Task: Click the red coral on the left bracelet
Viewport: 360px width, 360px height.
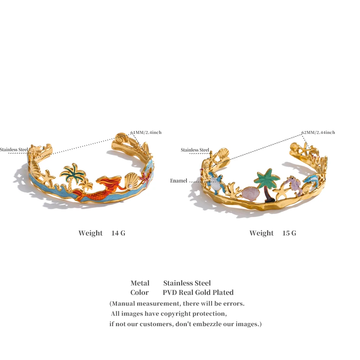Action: [x=145, y=177]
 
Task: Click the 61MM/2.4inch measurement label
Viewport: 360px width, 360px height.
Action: [x=146, y=132]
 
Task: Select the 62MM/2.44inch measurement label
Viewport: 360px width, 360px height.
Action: [x=318, y=132]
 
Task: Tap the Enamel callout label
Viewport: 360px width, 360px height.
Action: [x=179, y=181]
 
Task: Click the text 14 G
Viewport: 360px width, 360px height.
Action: [x=118, y=233]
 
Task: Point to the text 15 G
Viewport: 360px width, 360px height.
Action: [x=289, y=233]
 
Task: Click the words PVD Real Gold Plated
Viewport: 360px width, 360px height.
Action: [x=198, y=292]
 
